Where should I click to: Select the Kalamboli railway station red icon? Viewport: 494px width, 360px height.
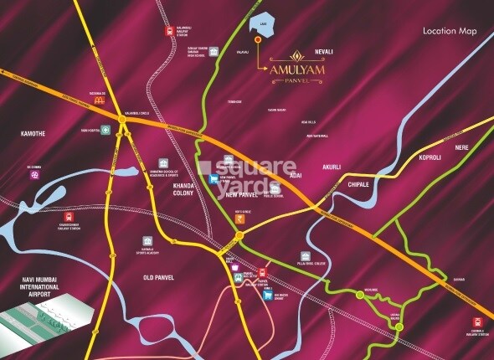coord(169,30)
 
